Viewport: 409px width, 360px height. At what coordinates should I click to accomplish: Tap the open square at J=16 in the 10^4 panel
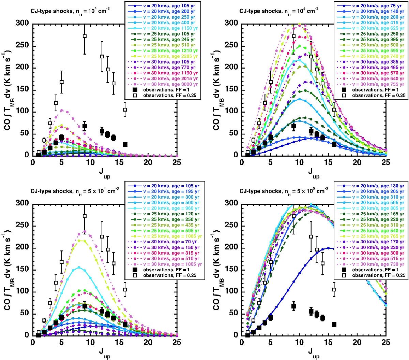(125, 110)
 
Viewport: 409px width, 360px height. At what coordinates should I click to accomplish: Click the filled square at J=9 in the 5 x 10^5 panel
(294, 306)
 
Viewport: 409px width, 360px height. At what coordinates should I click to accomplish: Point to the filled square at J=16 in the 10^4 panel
(125, 144)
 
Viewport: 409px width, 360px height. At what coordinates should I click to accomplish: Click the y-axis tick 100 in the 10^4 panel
(23, 112)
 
